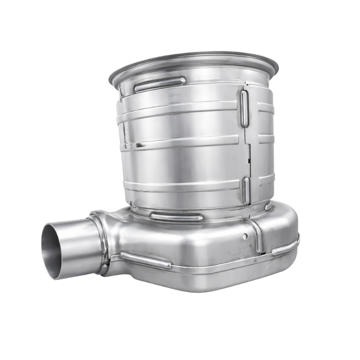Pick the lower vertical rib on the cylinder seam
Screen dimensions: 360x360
pos(245,188)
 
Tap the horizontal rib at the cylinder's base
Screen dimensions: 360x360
pos(170,216)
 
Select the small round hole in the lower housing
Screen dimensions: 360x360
pos(245,236)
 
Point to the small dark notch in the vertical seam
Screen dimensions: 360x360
pos(249,158)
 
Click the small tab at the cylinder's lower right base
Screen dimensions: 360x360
pos(267,206)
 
